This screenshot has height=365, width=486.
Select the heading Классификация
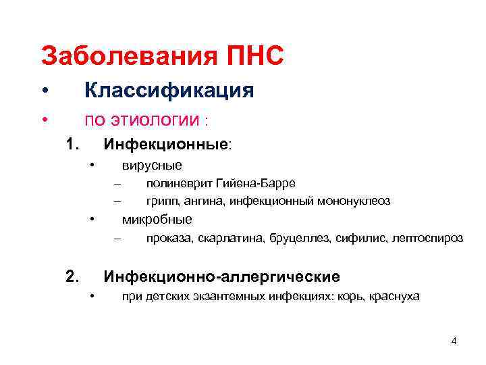(168, 91)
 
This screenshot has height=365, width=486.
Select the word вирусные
(152, 166)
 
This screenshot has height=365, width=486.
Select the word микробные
(157, 219)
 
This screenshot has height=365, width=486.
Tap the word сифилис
(358, 238)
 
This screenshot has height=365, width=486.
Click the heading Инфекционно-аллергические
(221, 276)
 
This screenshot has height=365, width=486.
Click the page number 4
(454, 341)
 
